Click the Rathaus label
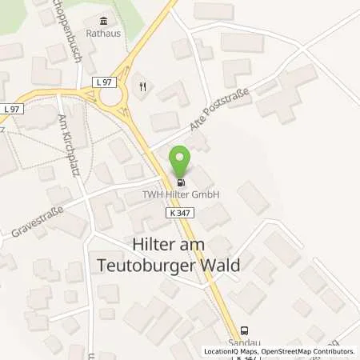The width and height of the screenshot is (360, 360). (102, 34)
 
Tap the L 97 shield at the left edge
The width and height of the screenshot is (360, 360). (10, 108)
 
